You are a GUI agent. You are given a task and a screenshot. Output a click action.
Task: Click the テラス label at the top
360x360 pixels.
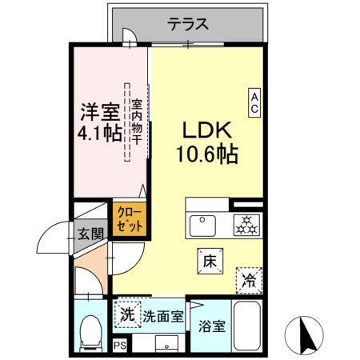[x=190, y=24]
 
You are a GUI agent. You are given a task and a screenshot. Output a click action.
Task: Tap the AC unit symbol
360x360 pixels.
[x=254, y=102]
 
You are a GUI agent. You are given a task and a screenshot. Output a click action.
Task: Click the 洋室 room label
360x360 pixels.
[x=98, y=110]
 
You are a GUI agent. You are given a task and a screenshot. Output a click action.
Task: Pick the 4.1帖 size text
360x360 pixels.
[x=99, y=132]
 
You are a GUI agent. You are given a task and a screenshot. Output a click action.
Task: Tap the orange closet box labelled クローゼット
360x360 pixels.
[x=129, y=218]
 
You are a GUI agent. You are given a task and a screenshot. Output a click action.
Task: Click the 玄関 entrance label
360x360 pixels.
[x=90, y=235]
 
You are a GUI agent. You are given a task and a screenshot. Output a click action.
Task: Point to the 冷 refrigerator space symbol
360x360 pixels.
[x=250, y=279]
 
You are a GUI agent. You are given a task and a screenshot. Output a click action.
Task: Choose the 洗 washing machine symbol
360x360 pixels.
[x=126, y=314]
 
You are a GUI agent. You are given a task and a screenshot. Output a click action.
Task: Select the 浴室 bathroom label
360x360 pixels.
[x=211, y=327]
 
